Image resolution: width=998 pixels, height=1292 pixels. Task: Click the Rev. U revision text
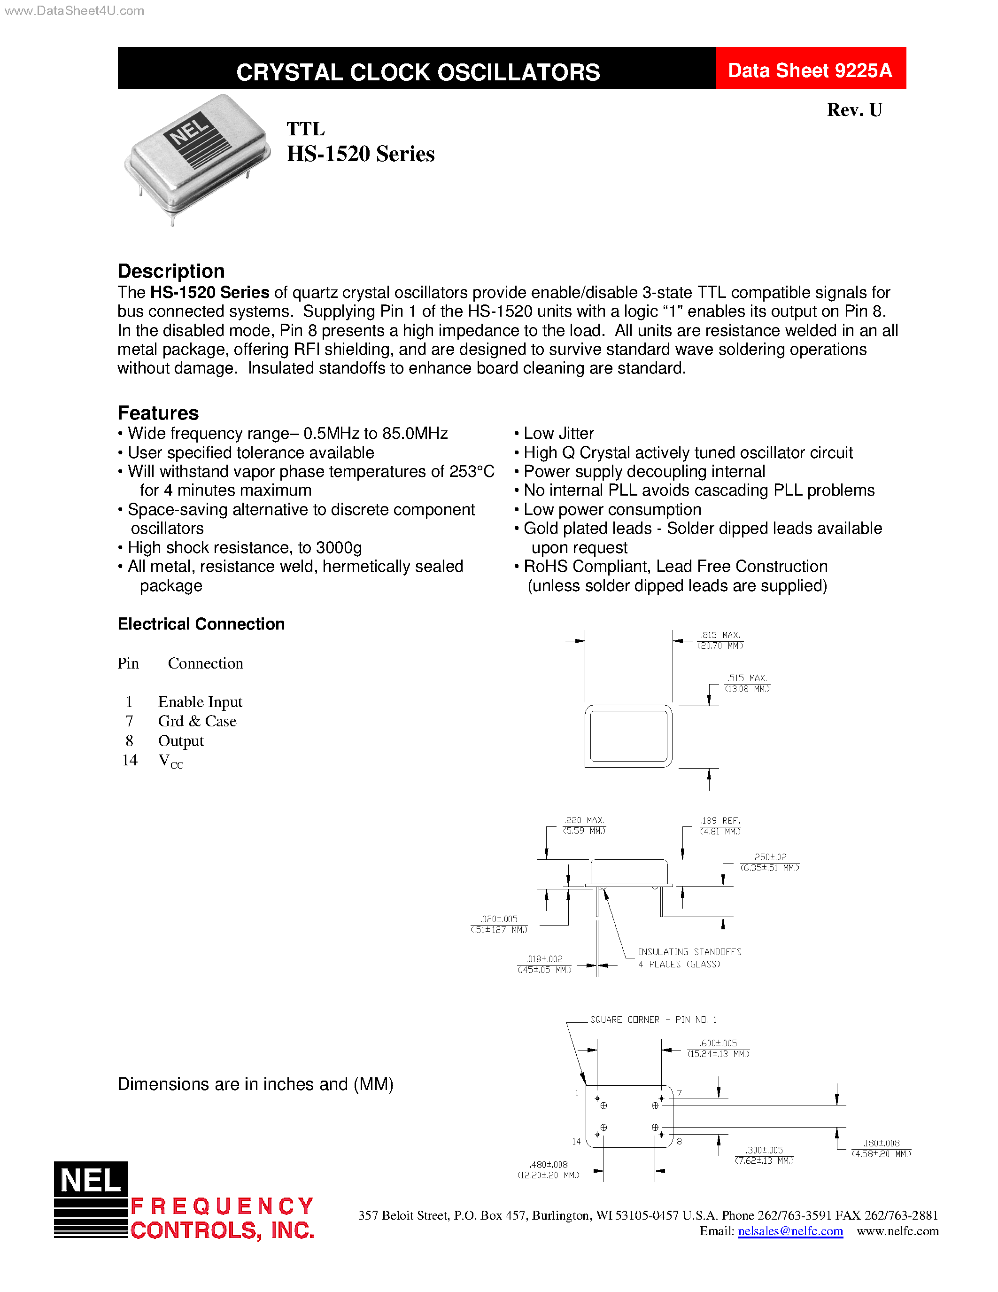click(854, 110)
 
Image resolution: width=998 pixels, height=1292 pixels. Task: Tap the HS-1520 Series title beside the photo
click(360, 154)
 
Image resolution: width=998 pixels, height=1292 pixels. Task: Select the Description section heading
click(171, 271)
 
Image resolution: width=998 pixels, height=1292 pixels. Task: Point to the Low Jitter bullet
click(558, 434)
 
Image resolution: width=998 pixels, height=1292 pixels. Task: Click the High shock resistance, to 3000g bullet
click(244, 548)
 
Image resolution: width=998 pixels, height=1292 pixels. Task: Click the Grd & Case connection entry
click(197, 721)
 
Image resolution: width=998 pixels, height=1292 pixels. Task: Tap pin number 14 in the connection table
click(130, 760)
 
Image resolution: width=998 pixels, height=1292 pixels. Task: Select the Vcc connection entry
click(170, 762)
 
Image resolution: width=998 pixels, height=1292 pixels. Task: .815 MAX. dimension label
click(720, 635)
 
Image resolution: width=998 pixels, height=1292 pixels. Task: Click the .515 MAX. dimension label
click(747, 678)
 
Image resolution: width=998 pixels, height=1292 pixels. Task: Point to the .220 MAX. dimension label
click(584, 820)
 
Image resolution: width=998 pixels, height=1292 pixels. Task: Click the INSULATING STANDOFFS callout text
click(689, 952)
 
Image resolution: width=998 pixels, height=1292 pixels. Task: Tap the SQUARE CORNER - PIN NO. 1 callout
click(653, 1020)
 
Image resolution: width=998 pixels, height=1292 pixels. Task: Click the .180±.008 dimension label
click(881, 1144)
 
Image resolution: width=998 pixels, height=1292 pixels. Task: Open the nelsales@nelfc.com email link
click(790, 1231)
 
